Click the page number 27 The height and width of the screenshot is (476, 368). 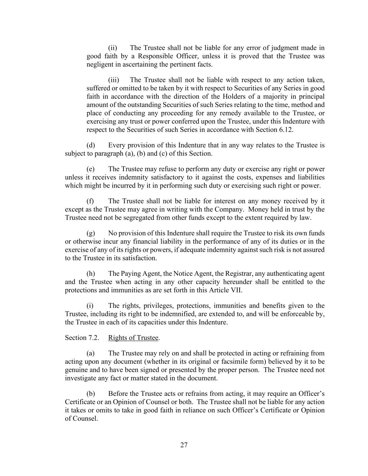tap(184, 445)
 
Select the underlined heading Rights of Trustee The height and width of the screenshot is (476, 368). tap(133, 338)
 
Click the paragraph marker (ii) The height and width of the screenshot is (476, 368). tap(112, 48)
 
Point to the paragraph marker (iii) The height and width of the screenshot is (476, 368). tap(113, 80)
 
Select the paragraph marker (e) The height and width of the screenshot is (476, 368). tap(91, 169)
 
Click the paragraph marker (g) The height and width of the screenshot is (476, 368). tap(91, 233)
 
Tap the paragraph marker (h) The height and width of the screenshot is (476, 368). tap(91, 274)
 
